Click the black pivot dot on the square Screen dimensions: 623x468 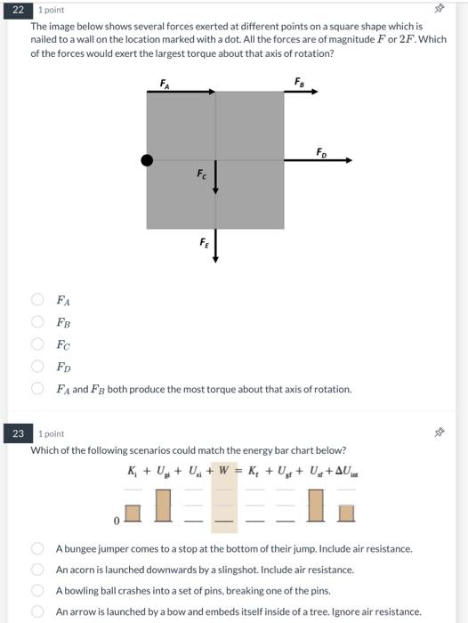(147, 160)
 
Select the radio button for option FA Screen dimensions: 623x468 (38, 300)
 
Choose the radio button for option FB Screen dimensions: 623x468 (38, 322)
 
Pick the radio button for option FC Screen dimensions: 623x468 (38, 344)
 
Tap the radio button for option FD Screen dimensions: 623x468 (38, 366)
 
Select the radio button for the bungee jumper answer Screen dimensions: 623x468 (38, 548)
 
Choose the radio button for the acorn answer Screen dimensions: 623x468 (38, 569)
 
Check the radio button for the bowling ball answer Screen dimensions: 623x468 (38, 590)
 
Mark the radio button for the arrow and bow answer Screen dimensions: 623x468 (38, 611)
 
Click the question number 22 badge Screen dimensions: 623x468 (17, 10)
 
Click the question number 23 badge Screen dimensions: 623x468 (17, 433)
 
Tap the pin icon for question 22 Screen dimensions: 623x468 (439, 10)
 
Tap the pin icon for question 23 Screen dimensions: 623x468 (439, 433)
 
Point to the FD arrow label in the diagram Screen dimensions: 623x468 (321, 153)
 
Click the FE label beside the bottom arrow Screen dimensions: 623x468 (205, 241)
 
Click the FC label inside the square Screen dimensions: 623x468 (203, 176)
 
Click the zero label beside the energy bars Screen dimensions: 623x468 (116, 518)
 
